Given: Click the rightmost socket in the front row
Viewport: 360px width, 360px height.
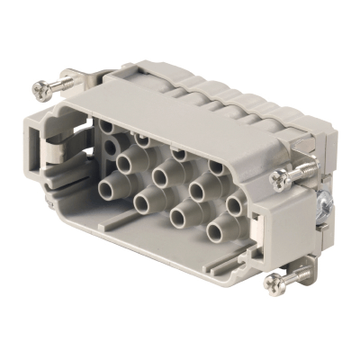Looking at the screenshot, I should [x=214, y=233].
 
